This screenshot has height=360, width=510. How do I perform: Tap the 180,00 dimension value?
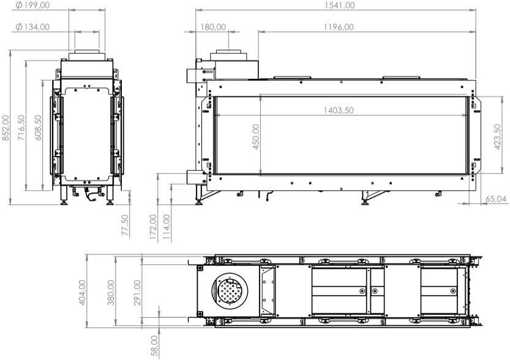(x=214, y=27)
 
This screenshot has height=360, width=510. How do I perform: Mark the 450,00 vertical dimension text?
(x=256, y=136)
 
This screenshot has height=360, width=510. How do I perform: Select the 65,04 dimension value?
(x=497, y=199)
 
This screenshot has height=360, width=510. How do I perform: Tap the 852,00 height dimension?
(x=6, y=128)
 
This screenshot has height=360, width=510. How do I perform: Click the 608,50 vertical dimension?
(x=38, y=128)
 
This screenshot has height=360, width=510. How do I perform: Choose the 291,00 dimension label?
(x=138, y=293)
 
